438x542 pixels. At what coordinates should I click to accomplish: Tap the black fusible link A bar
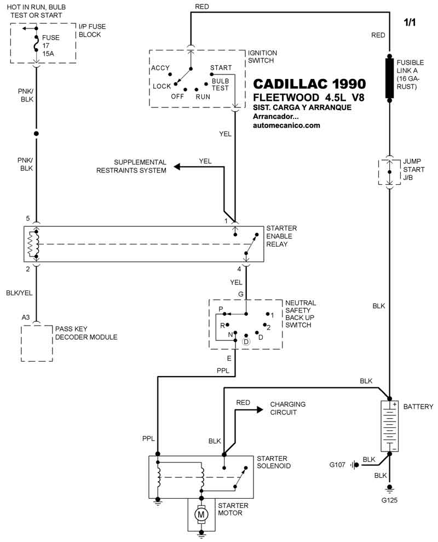[389, 77]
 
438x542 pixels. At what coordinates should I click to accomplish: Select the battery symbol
[389, 426]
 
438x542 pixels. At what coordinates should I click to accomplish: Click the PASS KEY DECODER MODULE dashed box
[37, 343]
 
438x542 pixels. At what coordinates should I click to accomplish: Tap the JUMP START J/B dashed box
[389, 172]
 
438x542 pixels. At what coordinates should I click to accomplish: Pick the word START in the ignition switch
[221, 68]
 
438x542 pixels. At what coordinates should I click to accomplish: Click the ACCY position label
[160, 69]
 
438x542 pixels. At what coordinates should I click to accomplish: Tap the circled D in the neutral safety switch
[246, 342]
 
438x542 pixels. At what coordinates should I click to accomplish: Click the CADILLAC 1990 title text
[309, 84]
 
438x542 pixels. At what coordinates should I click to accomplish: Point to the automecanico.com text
[286, 125]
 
